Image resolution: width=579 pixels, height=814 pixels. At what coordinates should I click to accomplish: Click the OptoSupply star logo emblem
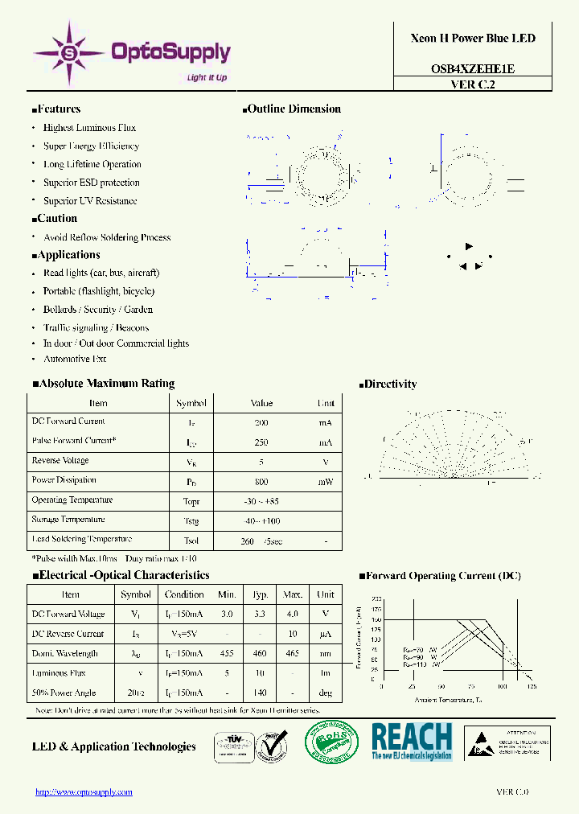click(x=68, y=53)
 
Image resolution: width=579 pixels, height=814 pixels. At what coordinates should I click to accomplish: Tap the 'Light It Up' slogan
click(x=207, y=77)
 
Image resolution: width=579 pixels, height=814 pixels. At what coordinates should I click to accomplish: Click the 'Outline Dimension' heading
click(x=294, y=109)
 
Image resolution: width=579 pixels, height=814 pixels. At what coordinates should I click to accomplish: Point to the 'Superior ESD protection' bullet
click(x=91, y=183)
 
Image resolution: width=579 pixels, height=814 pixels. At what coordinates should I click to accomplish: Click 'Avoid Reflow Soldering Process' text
click(x=107, y=237)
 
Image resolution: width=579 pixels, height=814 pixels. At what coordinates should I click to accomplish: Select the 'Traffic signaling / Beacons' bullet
click(x=96, y=327)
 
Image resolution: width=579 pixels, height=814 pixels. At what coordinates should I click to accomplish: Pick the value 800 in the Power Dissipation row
click(x=261, y=481)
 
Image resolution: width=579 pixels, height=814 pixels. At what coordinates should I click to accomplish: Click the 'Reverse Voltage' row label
click(x=60, y=461)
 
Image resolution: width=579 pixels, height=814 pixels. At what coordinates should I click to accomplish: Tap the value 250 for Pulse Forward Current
click(x=261, y=442)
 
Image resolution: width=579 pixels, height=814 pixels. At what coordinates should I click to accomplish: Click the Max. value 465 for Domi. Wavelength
click(x=292, y=654)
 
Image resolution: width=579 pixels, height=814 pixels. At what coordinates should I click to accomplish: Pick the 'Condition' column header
click(x=184, y=594)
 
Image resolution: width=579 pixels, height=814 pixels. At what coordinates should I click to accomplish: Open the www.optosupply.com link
click(x=84, y=792)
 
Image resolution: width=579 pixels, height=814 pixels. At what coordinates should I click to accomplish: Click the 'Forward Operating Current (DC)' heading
click(x=443, y=576)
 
